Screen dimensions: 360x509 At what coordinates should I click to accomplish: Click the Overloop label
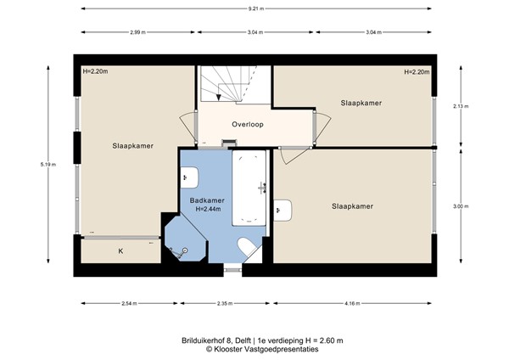click(248, 124)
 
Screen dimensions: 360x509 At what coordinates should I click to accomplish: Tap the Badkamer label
click(207, 200)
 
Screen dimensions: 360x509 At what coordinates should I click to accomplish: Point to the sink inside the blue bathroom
click(190, 178)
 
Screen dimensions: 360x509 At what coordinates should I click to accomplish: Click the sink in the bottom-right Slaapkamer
click(283, 209)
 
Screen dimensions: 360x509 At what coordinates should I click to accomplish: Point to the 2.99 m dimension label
click(137, 33)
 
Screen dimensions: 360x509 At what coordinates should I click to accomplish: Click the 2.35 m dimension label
click(224, 302)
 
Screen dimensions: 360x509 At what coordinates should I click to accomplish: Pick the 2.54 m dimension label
click(130, 302)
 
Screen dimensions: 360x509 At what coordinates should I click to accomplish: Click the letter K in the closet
click(120, 251)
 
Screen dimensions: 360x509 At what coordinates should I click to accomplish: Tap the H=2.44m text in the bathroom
click(207, 209)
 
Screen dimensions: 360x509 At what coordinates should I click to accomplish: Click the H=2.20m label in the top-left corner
click(96, 72)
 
